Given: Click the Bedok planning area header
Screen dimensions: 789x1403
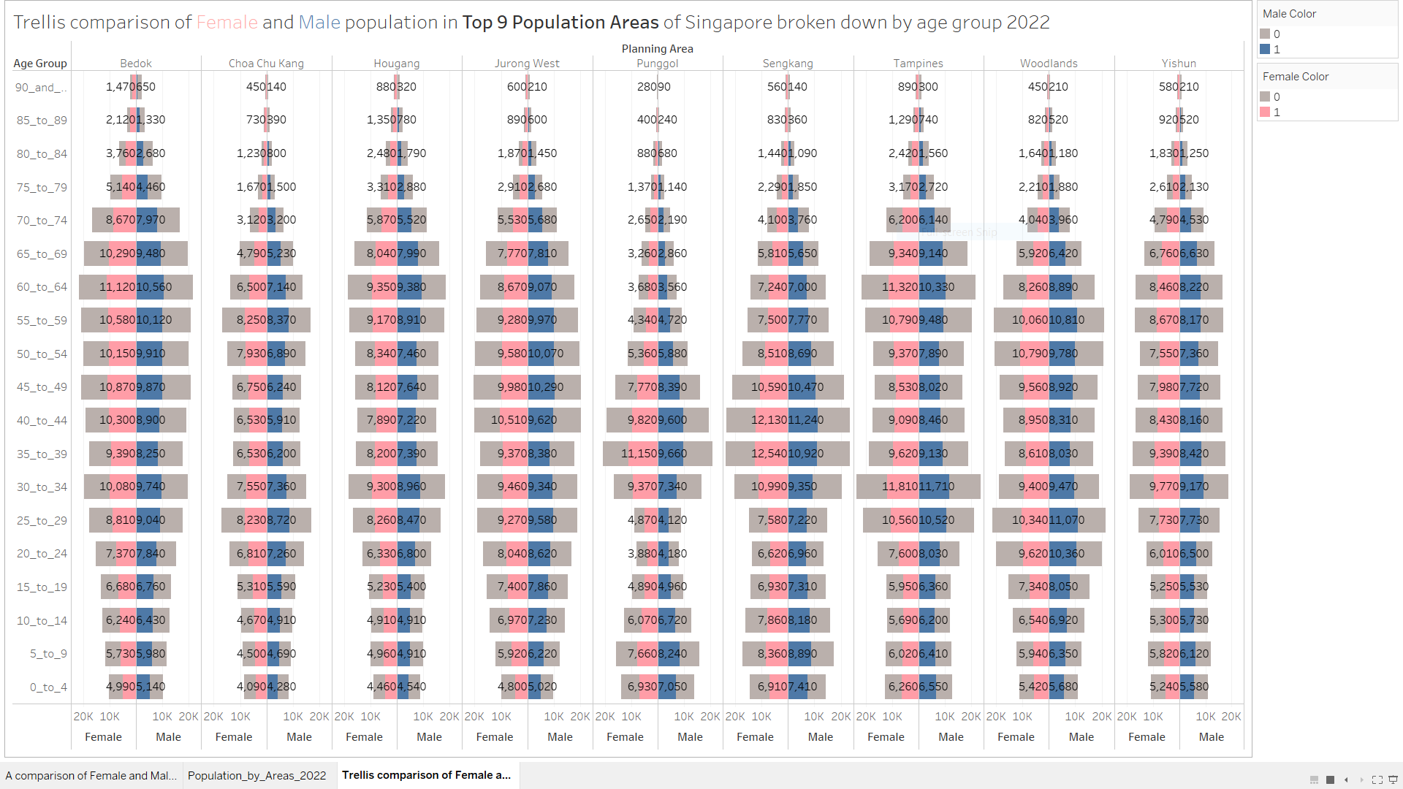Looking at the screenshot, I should coord(136,64).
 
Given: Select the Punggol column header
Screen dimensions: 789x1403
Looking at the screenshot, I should coord(657,64).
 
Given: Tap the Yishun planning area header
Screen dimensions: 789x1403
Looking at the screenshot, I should coord(1179,64).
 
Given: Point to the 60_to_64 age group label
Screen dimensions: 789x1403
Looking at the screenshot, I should coord(42,287).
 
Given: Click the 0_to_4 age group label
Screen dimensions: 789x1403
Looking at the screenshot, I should coord(48,687).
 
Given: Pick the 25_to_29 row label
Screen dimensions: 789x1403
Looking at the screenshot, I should coord(42,521).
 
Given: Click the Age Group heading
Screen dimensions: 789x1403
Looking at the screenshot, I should coord(40,64).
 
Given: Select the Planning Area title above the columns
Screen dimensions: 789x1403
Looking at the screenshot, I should coord(657,49).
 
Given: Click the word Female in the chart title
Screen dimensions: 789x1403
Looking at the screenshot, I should coord(227,23).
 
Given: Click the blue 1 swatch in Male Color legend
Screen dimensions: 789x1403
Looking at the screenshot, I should coord(1265,50).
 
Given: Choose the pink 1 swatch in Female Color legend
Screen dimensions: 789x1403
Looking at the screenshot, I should coord(1265,113).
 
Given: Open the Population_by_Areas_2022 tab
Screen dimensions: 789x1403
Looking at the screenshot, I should coord(256,776).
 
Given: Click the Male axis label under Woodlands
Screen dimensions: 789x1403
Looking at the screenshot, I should coord(1081,737).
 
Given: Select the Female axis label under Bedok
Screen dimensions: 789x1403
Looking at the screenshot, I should coord(103,737).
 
